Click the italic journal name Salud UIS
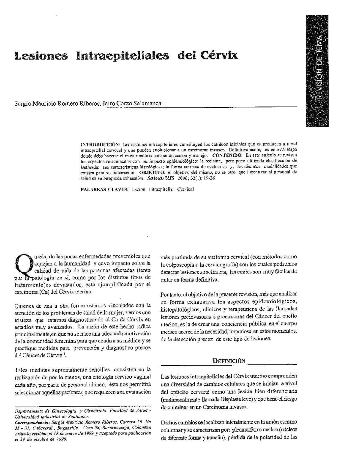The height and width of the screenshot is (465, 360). pyautogui.click(x=159, y=178)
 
